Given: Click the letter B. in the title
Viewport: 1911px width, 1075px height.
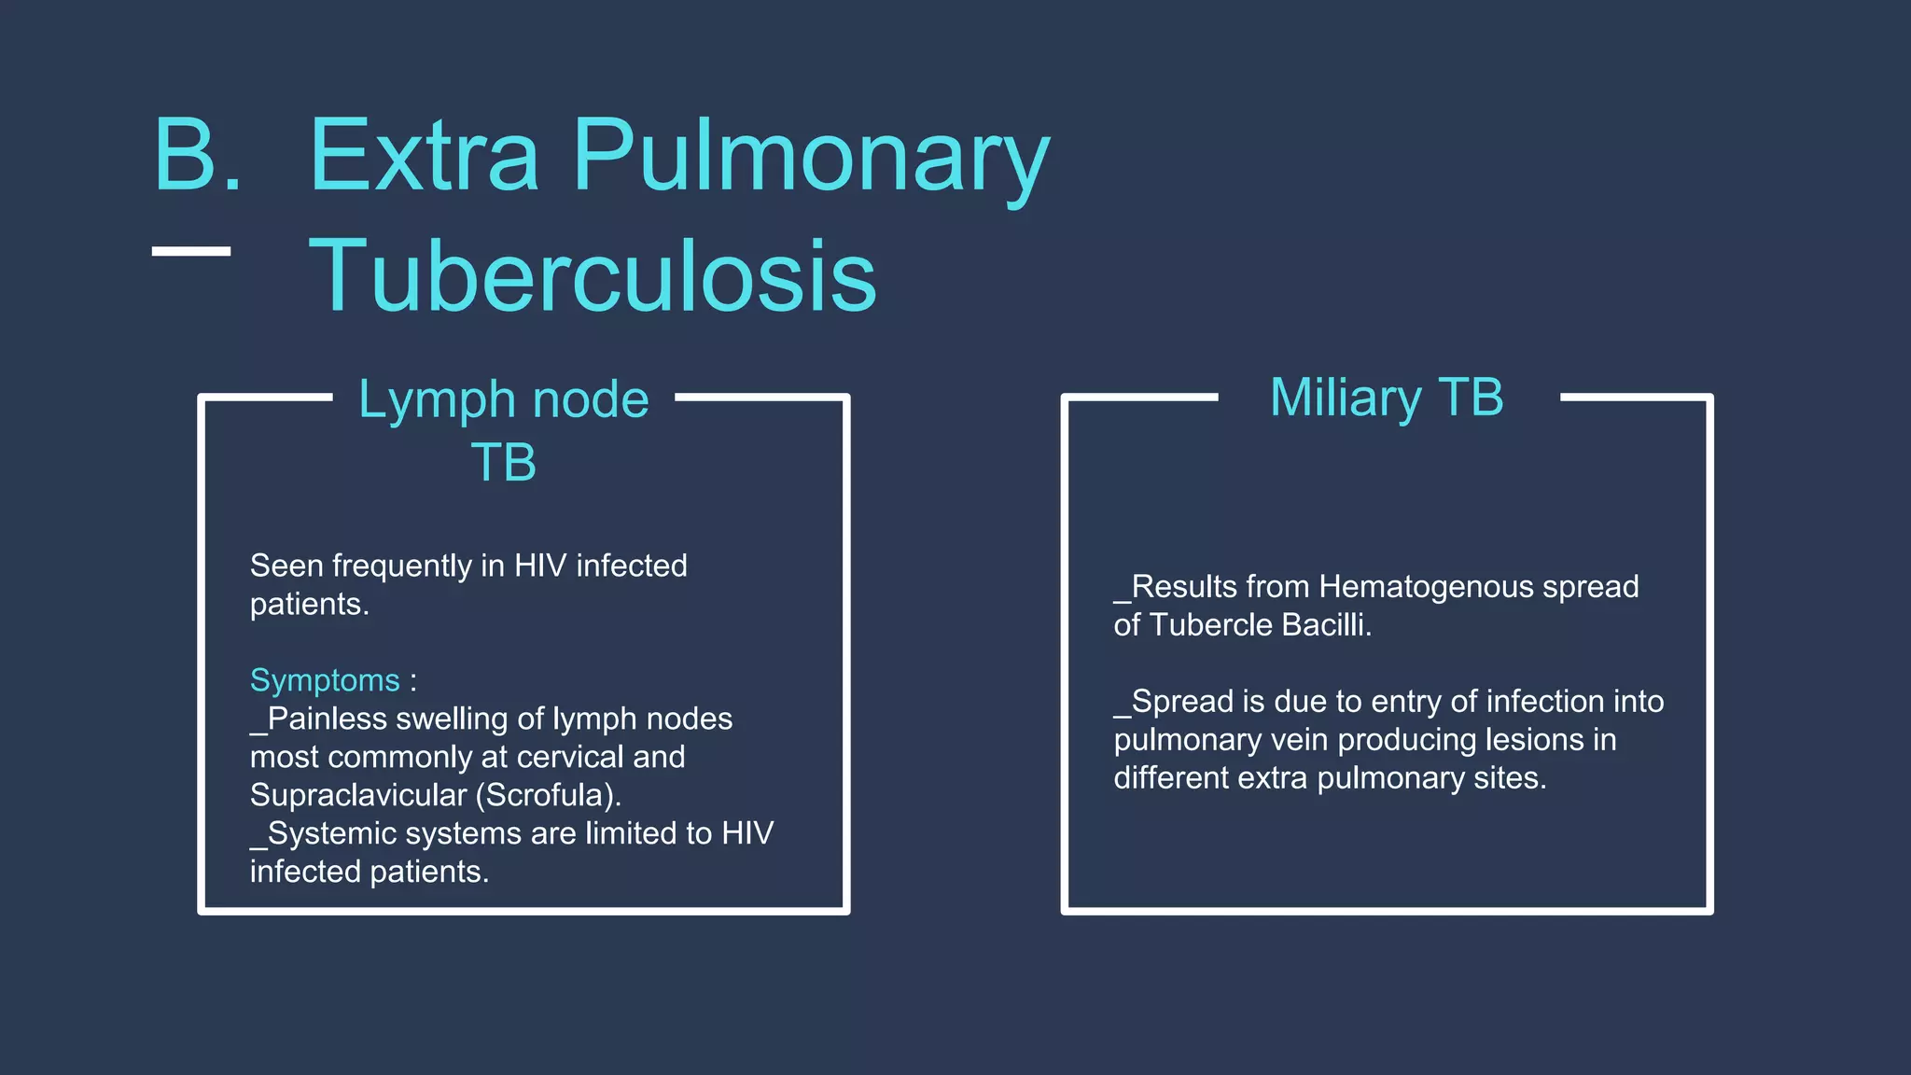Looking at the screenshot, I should pyautogui.click(x=197, y=156).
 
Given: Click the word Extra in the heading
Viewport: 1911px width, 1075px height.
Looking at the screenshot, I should pyautogui.click(x=424, y=156).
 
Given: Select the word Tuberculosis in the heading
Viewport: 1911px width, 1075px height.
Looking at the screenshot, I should pyautogui.click(x=593, y=276).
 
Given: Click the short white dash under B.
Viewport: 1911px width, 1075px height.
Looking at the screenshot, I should pyautogui.click(x=191, y=251).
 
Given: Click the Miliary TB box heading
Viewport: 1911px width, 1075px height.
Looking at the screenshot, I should pyautogui.click(x=1387, y=398).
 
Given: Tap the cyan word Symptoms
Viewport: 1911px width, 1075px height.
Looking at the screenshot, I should pyautogui.click(x=325, y=680).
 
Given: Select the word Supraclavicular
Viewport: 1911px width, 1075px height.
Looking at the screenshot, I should pyautogui.click(x=357, y=795).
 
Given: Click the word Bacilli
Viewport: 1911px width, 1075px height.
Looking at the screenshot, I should pyautogui.click(x=1326, y=625).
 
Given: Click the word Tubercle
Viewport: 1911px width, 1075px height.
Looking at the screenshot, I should pyautogui.click(x=1211, y=625).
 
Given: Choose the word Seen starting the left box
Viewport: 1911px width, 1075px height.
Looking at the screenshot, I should pyautogui.click(x=286, y=565).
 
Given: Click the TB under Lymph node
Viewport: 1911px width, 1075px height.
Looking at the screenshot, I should pyautogui.click(x=503, y=463).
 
